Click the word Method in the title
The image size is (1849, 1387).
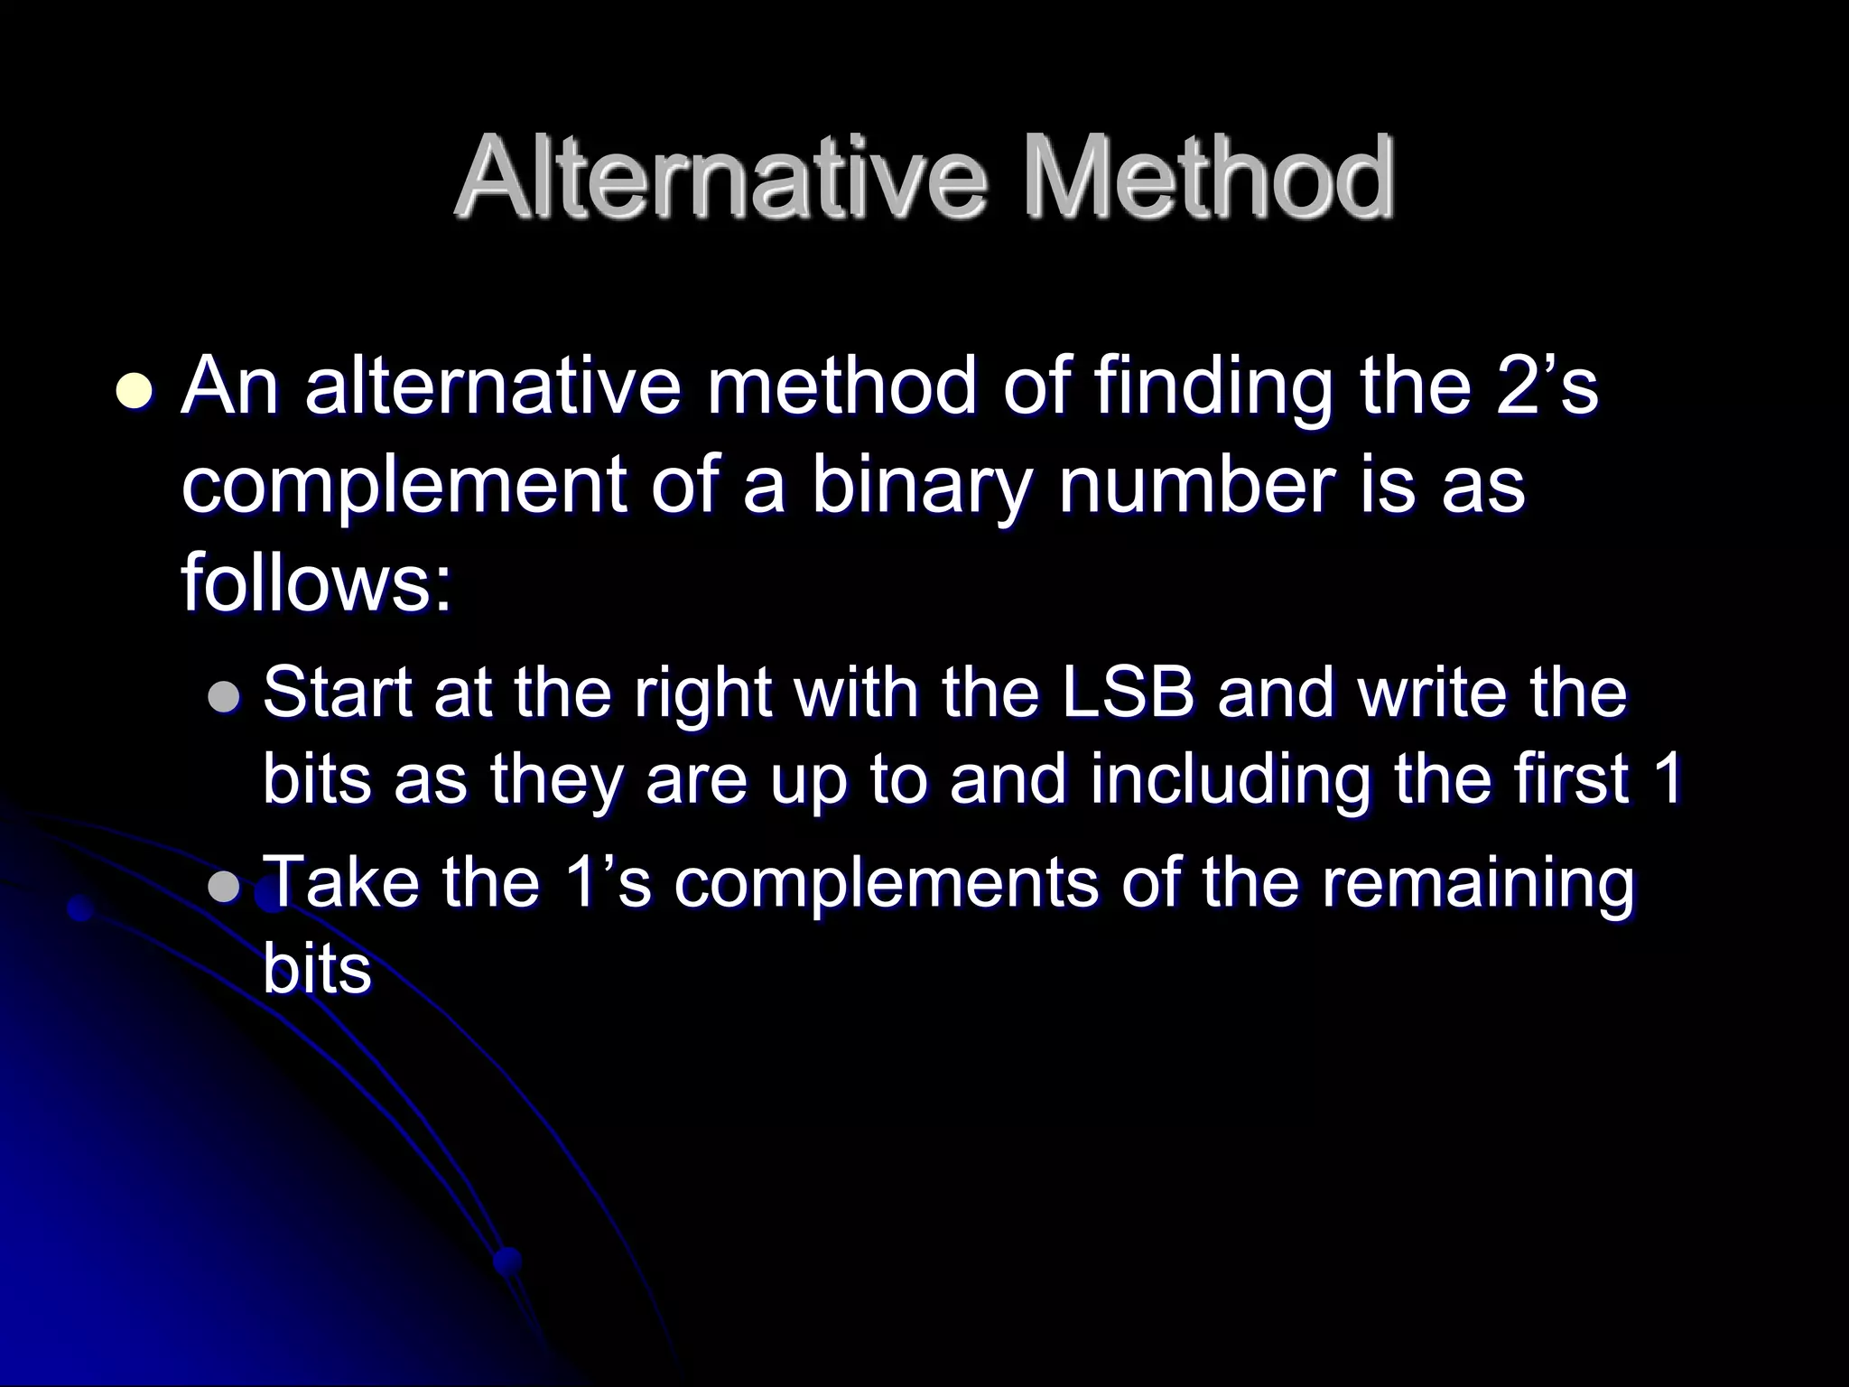click(x=1207, y=178)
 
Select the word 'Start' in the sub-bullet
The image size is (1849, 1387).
click(x=339, y=694)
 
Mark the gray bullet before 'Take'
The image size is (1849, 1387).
click(x=222, y=889)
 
